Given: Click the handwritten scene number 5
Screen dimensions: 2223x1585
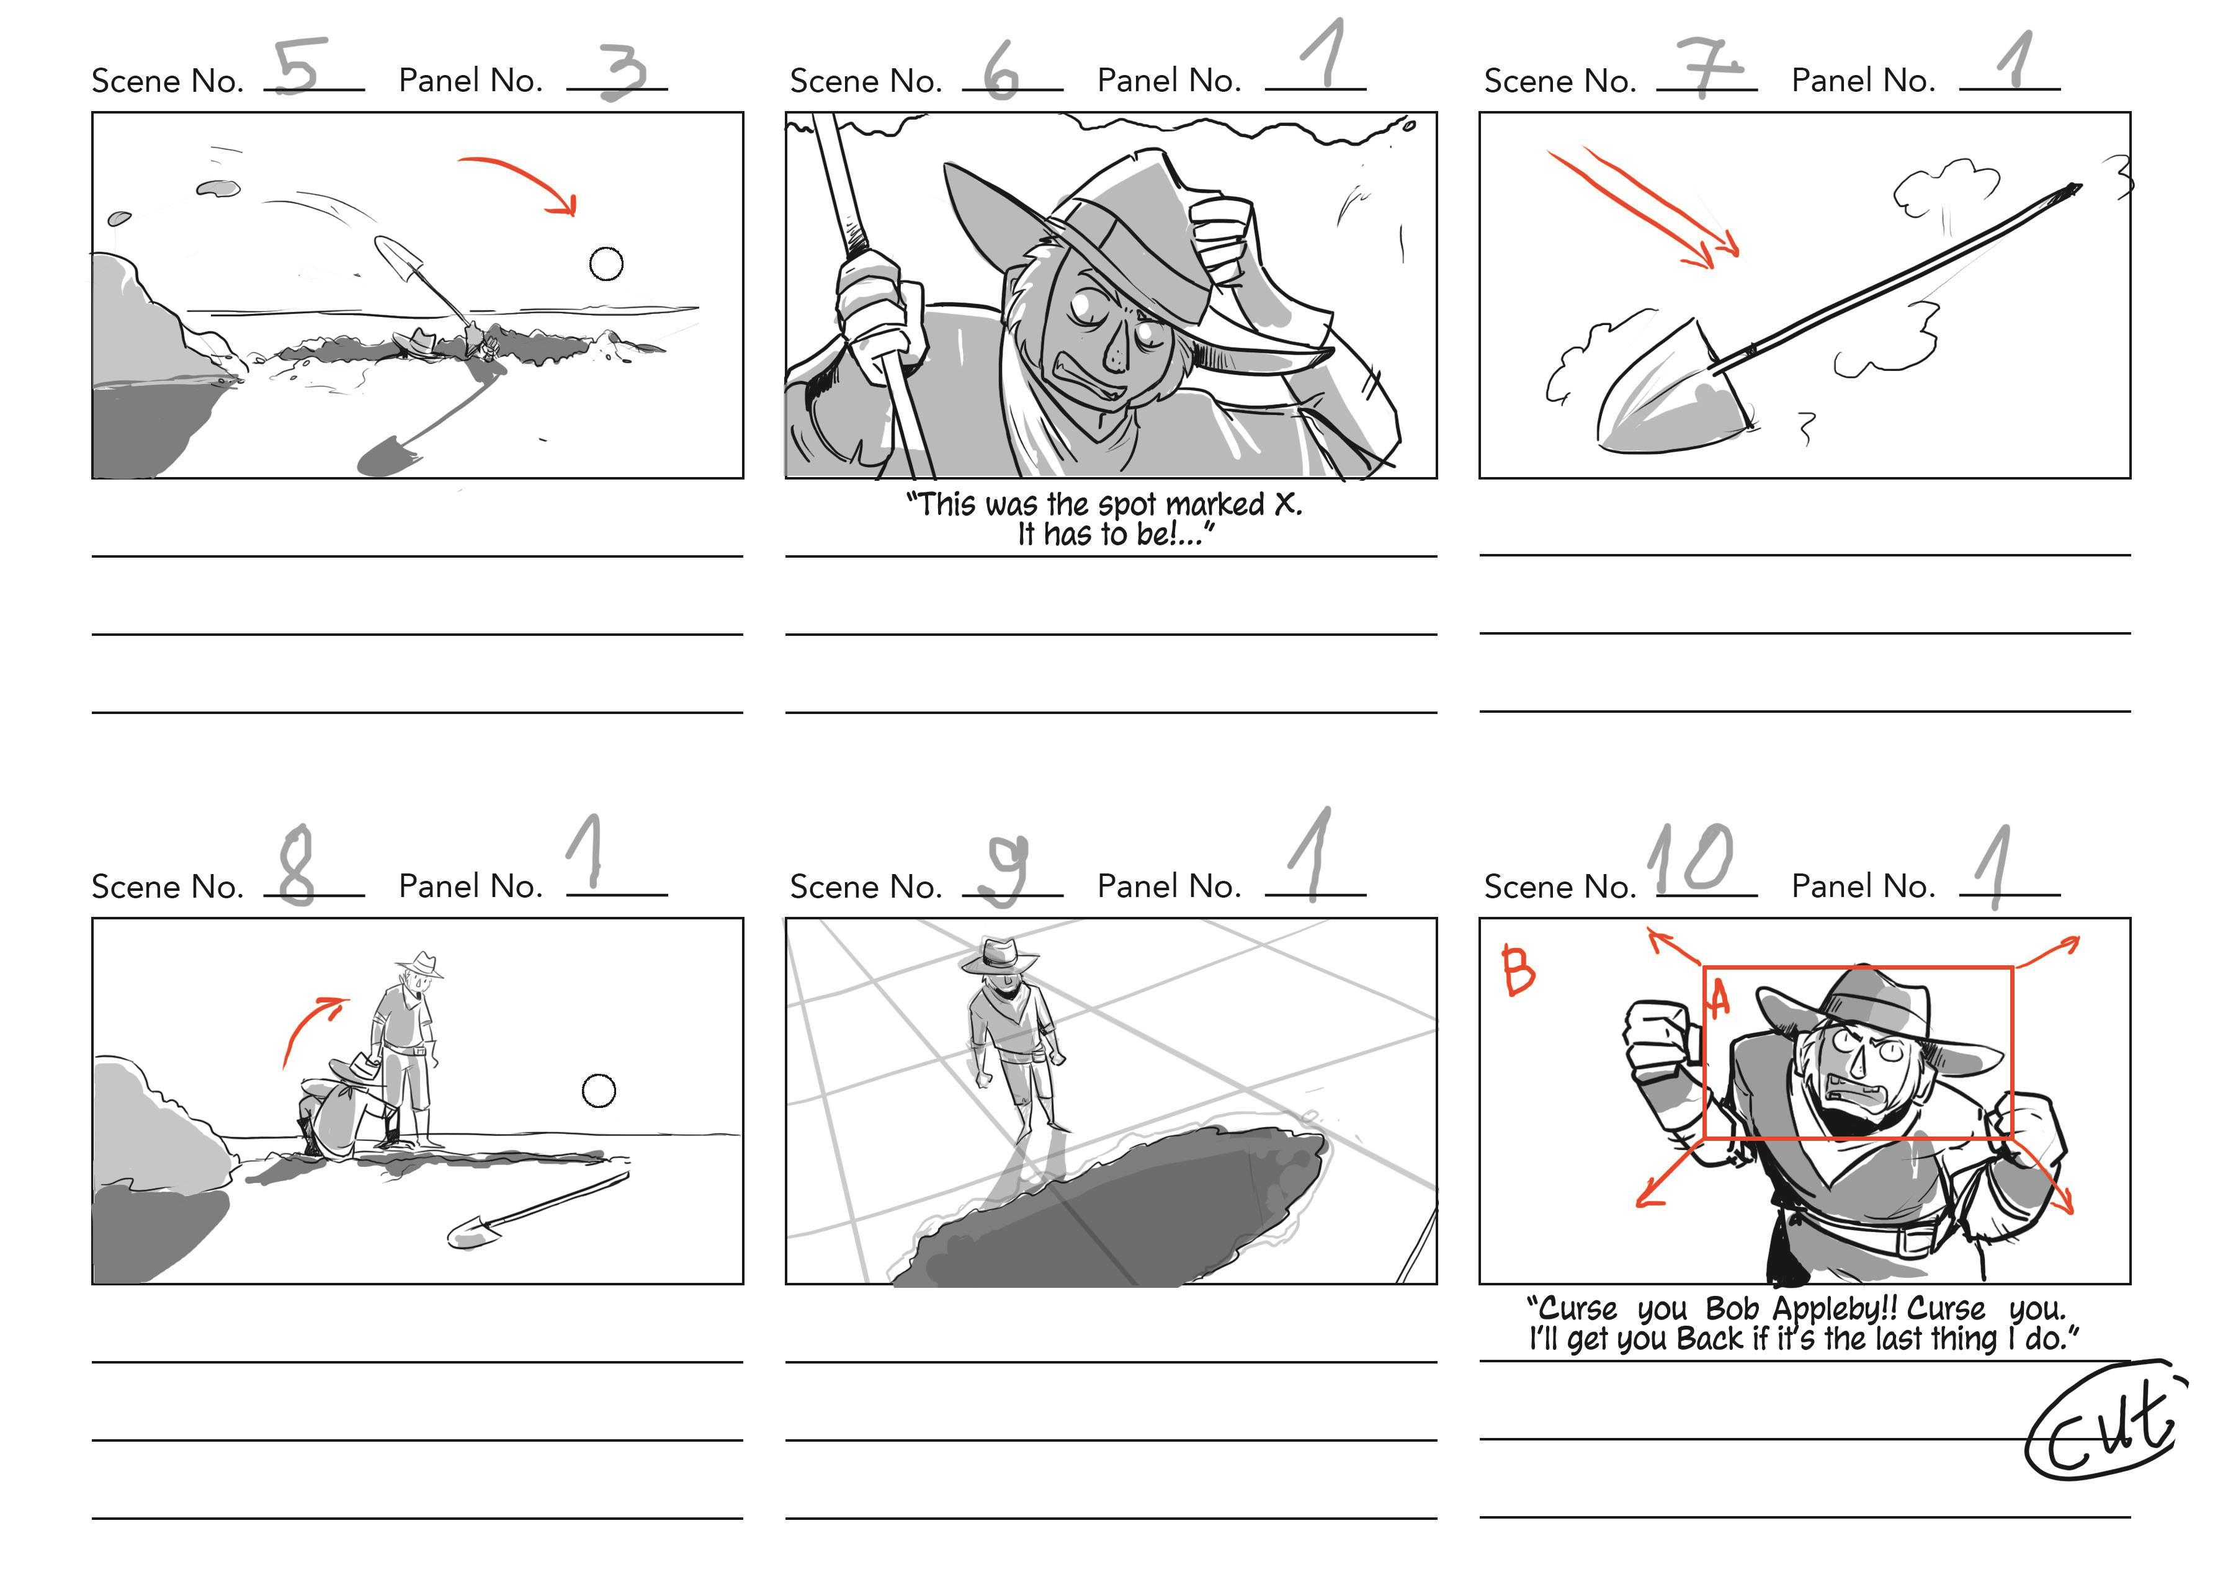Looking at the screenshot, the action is [300, 68].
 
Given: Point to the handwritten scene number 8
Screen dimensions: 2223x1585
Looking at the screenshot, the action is [297, 865].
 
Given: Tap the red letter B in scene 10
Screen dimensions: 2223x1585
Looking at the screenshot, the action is [1518, 970].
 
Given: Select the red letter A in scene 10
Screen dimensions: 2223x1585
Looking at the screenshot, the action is [1719, 998].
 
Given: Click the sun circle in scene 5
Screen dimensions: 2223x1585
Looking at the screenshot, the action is [606, 264].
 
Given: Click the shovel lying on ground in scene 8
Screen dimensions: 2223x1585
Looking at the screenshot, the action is [538, 1210].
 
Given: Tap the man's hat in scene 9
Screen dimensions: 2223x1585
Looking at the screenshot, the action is [998, 955].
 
